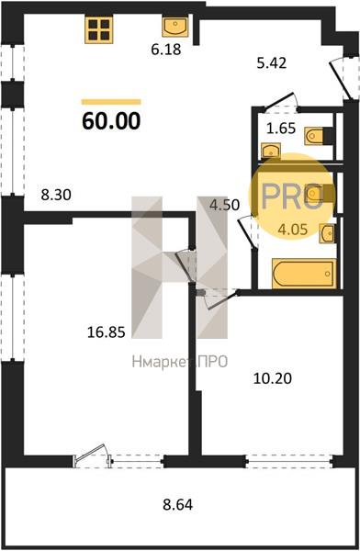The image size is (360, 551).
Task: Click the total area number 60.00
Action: click(x=111, y=121)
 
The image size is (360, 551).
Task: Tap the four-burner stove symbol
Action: click(x=99, y=30)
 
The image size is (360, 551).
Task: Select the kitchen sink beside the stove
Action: click(x=175, y=27)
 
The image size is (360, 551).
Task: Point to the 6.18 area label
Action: click(x=166, y=50)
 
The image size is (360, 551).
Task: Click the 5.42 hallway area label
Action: click(x=272, y=62)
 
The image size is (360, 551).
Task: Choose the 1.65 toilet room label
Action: click(x=281, y=129)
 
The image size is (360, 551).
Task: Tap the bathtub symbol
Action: click(x=304, y=274)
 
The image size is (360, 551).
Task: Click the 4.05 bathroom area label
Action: click(x=292, y=230)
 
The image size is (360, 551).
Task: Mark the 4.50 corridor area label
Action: click(x=225, y=205)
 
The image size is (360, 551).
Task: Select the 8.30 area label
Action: click(x=56, y=195)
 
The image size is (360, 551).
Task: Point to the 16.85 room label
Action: click(x=106, y=332)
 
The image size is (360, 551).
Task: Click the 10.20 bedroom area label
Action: click(x=273, y=378)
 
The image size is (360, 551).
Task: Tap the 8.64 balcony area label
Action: click(x=178, y=504)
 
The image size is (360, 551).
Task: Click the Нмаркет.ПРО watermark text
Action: click(x=180, y=362)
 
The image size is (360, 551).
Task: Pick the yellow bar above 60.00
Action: click(x=111, y=102)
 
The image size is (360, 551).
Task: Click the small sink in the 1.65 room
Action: click(x=271, y=151)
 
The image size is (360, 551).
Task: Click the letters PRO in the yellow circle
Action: click(x=292, y=197)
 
